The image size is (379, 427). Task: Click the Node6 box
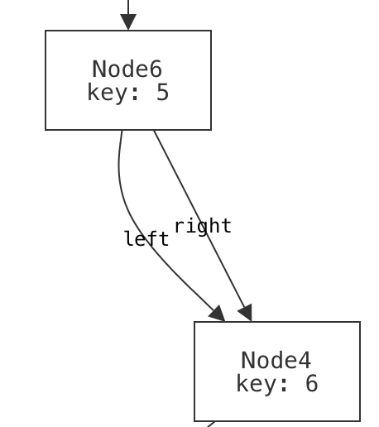pos(128,80)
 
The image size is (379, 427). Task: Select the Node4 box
pos(276,372)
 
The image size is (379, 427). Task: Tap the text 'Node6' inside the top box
pos(127,69)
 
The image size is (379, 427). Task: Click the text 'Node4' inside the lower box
pos(276,360)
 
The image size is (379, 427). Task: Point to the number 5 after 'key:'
pos(161,92)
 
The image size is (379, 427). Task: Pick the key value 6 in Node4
pos(310,383)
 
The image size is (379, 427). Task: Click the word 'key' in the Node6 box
pos(107,92)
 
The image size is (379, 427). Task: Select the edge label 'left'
pos(146,239)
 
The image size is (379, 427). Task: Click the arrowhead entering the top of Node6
pos(128,22)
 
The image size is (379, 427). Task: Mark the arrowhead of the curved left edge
pos(218,314)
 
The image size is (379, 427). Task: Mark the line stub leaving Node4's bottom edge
pos(210,424)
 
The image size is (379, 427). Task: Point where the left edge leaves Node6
pos(122,132)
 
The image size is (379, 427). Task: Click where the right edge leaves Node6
pos(155,132)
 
